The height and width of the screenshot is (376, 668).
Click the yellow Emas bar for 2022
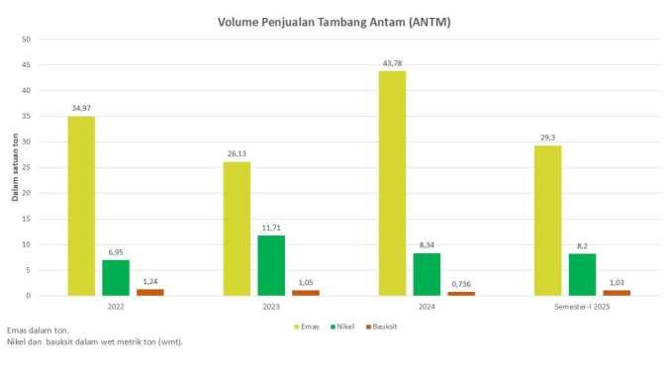(x=81, y=206)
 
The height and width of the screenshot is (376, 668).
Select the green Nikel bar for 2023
(x=271, y=265)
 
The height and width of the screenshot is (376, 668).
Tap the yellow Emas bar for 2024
(x=392, y=183)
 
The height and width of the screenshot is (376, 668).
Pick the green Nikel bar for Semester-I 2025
(x=582, y=274)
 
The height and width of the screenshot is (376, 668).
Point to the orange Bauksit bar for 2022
(x=150, y=292)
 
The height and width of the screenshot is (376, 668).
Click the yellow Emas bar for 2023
(x=237, y=229)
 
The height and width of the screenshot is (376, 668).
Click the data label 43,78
(x=392, y=63)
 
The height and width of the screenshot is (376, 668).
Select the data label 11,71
(x=271, y=227)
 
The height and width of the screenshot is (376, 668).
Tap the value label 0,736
(x=461, y=283)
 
